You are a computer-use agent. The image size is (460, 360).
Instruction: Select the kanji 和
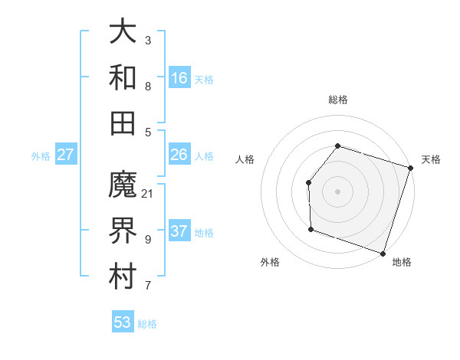point(123,77)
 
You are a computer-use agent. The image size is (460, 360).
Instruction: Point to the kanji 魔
point(123,185)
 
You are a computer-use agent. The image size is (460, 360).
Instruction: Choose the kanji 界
point(123,231)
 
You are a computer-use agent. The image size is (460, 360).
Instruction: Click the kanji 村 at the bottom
point(123,276)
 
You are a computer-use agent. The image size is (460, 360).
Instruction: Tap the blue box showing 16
point(179,77)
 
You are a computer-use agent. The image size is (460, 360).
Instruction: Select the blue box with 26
point(179,155)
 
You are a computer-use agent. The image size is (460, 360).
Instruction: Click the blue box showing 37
point(179,231)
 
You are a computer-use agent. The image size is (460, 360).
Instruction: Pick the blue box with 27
point(66,155)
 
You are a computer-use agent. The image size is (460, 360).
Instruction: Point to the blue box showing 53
point(123,322)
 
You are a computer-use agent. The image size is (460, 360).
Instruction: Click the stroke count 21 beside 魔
point(148,194)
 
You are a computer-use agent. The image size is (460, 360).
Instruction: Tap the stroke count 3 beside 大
point(148,40)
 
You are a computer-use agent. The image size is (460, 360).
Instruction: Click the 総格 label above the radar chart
point(338,100)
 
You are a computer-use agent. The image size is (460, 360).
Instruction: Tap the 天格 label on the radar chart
point(432,159)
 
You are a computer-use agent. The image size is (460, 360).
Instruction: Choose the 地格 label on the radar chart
point(402,262)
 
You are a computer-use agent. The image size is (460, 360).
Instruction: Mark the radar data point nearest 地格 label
point(383,253)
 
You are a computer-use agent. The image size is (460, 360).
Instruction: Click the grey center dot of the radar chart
point(337,191)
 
